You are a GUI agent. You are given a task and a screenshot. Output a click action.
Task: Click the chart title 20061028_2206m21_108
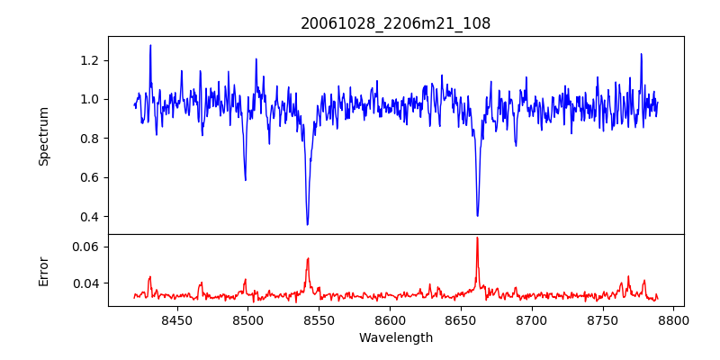point(396,24)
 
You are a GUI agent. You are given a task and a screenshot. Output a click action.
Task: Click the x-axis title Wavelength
point(396,338)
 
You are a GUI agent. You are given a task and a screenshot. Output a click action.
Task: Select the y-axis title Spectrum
point(43,135)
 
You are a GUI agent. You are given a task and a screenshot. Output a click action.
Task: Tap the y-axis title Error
point(43,270)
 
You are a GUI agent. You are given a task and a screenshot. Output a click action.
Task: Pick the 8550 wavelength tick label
point(319,319)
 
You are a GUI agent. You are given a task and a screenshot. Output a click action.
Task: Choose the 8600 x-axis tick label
point(390,319)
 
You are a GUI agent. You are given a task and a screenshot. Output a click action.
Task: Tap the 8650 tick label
point(461,319)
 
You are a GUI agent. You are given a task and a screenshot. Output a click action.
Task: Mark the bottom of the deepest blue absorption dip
point(308,224)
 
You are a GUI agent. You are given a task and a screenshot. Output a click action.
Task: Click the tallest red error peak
point(477,238)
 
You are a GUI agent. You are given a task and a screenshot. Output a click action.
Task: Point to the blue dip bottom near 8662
point(477,215)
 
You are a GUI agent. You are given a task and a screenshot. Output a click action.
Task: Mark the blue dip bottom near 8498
point(246,180)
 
